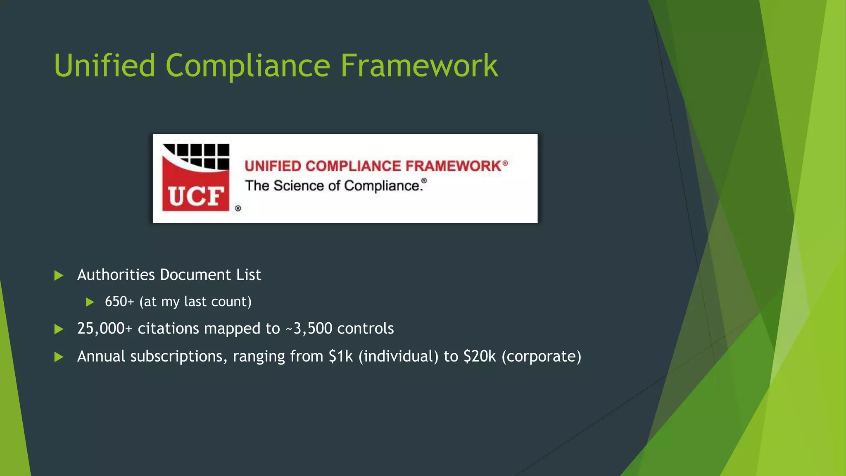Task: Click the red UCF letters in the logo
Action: (x=196, y=196)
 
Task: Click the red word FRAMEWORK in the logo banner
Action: (x=453, y=166)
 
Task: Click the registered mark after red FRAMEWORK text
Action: (x=505, y=163)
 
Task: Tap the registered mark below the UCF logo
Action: (x=238, y=208)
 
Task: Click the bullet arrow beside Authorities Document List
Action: (x=59, y=276)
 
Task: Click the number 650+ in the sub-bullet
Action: (x=119, y=302)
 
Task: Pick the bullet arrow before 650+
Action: (x=90, y=302)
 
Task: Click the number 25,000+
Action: (x=105, y=328)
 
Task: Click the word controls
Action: (x=365, y=328)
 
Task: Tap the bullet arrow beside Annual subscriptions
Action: (x=59, y=357)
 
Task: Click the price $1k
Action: (x=341, y=356)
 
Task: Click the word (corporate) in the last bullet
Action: (x=541, y=356)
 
